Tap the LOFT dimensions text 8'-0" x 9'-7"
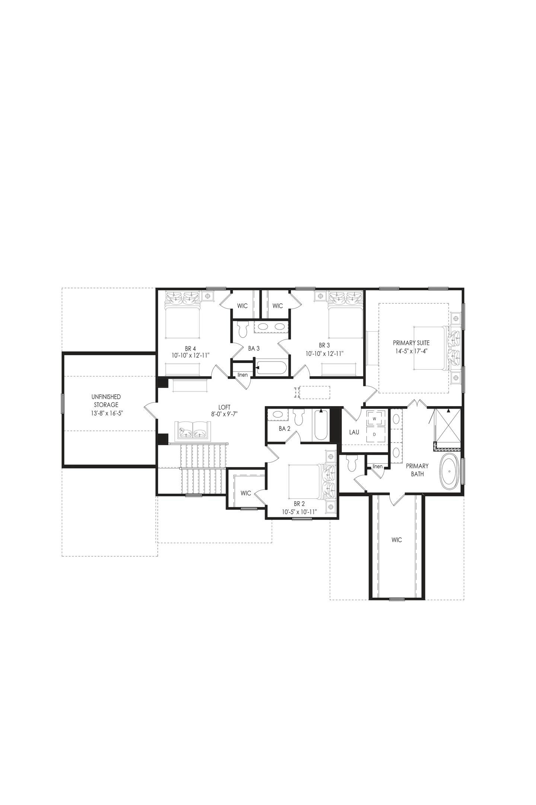(x=224, y=414)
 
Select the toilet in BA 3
(x=243, y=329)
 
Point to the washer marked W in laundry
(x=374, y=419)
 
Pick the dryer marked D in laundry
(x=374, y=435)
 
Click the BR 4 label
(x=190, y=348)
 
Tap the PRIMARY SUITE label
(x=411, y=343)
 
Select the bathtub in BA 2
(x=321, y=426)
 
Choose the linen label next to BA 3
(x=242, y=375)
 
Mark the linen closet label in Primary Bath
(x=377, y=466)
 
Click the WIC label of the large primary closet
(x=397, y=540)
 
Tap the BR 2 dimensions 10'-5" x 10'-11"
(x=299, y=512)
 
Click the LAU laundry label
(x=354, y=432)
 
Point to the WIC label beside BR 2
(x=246, y=493)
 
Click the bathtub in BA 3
(x=271, y=368)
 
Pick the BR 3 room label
(x=324, y=345)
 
